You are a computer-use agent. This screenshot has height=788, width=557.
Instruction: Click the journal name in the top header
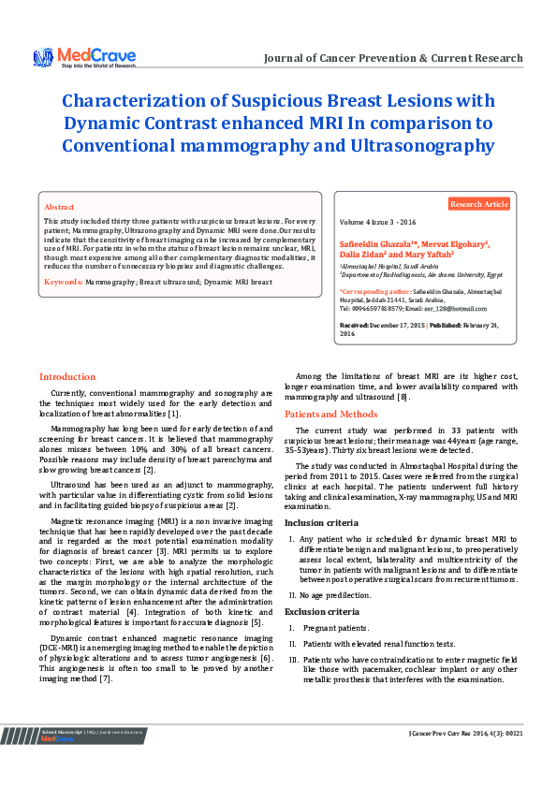coord(393,58)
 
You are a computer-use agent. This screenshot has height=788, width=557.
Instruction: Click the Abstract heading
coord(59,206)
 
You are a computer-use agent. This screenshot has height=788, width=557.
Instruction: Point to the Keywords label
coord(63,281)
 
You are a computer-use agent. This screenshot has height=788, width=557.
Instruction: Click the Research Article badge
coord(479,203)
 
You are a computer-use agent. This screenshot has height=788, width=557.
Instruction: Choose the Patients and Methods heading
coord(331,413)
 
